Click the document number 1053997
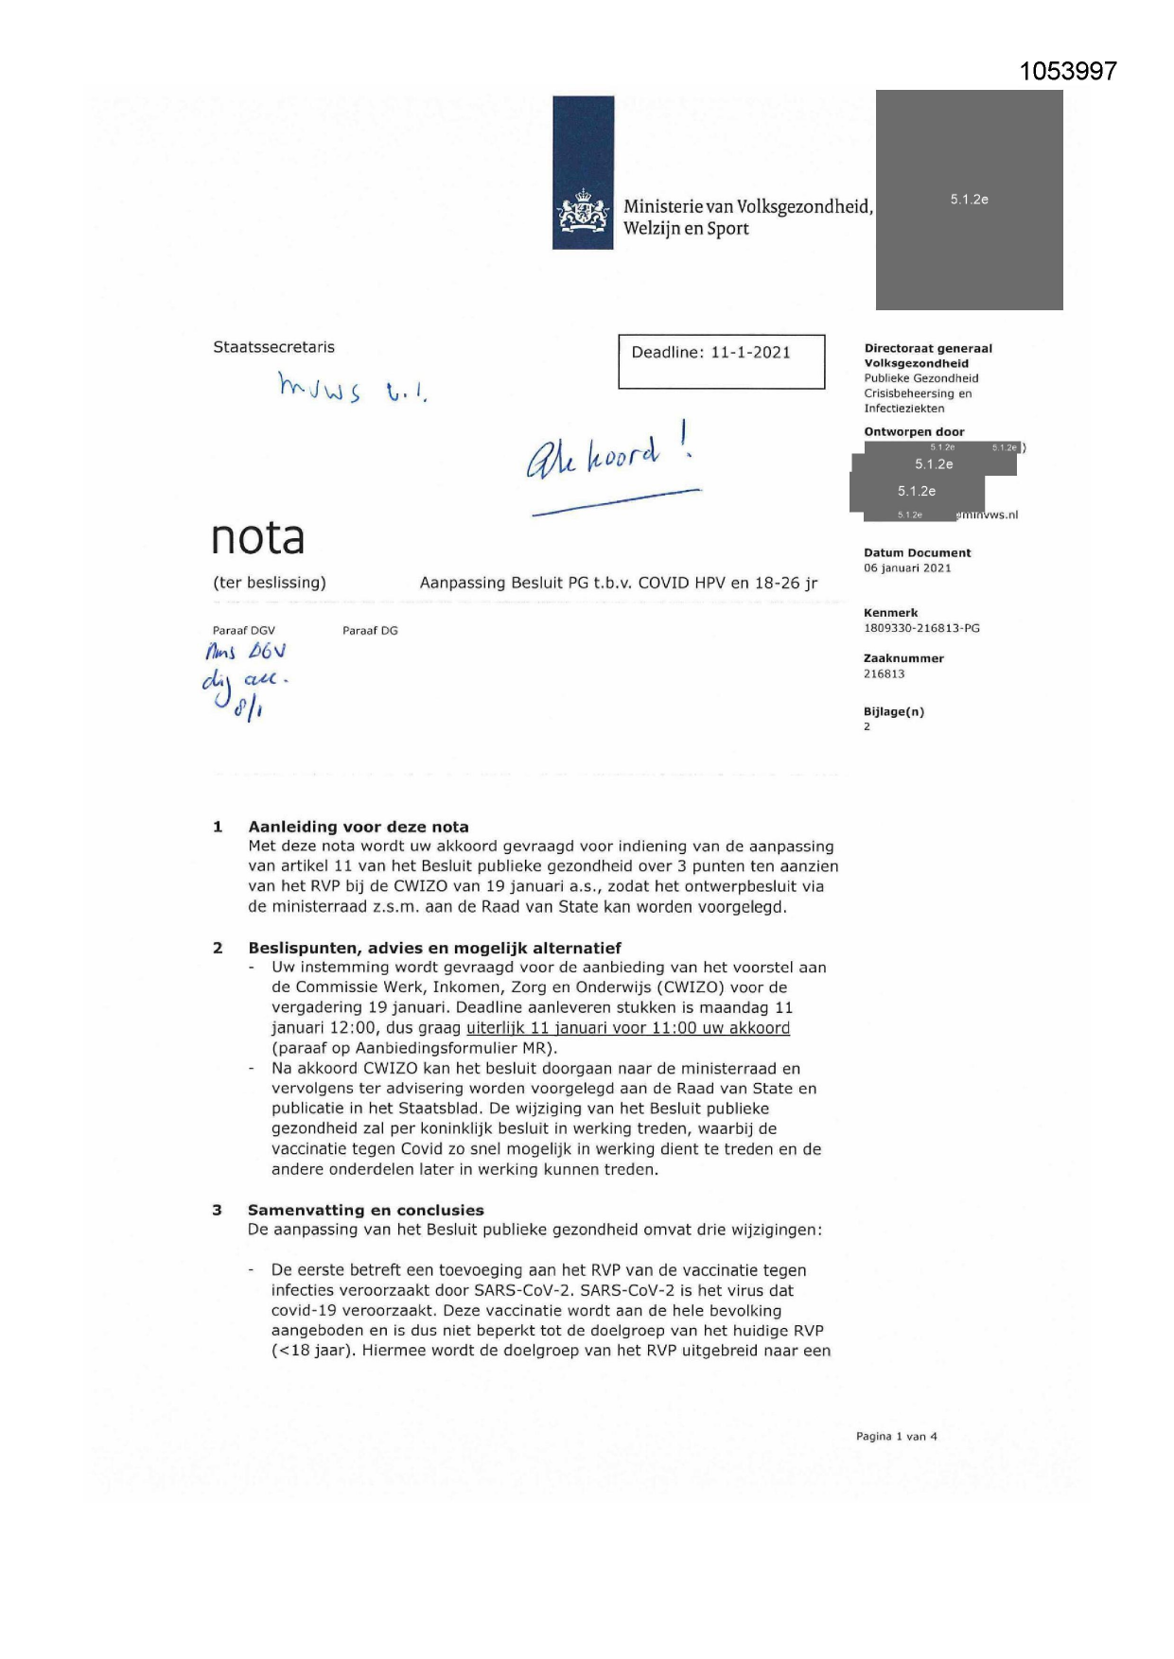1068,72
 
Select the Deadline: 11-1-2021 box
721,361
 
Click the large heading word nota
257,537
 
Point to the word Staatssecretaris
273,347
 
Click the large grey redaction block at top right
969,200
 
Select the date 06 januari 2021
907,568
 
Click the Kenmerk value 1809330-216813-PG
921,628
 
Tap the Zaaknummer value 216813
884,674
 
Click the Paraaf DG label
370,631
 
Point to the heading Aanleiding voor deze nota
359,827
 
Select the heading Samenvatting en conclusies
365,1210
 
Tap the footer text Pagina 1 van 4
896,1436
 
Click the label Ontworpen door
914,432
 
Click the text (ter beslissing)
270,583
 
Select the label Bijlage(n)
893,712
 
